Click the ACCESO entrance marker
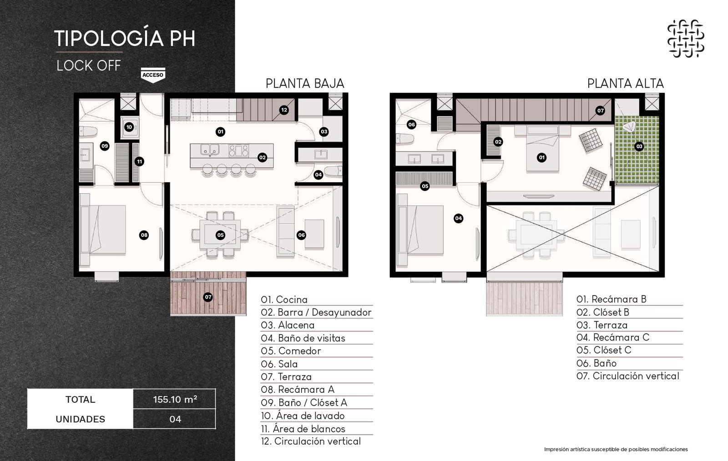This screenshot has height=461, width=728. pos(153,75)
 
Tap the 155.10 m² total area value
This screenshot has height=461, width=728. pos(175,399)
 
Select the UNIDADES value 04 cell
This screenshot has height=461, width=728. pos(175,419)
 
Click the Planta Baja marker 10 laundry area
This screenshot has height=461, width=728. pos(129,127)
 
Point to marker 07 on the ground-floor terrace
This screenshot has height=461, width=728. pos(208,297)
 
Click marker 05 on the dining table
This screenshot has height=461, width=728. pos(220,235)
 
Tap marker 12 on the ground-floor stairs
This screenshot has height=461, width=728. pos(284,110)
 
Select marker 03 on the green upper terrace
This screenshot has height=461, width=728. pos(639,146)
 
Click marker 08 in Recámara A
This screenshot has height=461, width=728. pos(144,235)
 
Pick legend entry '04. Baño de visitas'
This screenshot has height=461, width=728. pos(303,338)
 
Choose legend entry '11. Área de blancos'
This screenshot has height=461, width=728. pos(303,429)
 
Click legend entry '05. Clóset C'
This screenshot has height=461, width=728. pos(604,350)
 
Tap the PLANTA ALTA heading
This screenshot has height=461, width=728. pos(625,84)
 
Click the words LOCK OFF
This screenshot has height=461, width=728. pos(89,65)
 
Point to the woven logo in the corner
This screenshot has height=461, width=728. pos(686,38)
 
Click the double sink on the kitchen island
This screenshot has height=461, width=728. pos(210,150)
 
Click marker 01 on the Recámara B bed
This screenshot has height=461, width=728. pos(541,157)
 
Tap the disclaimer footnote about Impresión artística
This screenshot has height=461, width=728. pos(616,449)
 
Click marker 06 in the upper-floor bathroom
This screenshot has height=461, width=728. pos(411,124)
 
